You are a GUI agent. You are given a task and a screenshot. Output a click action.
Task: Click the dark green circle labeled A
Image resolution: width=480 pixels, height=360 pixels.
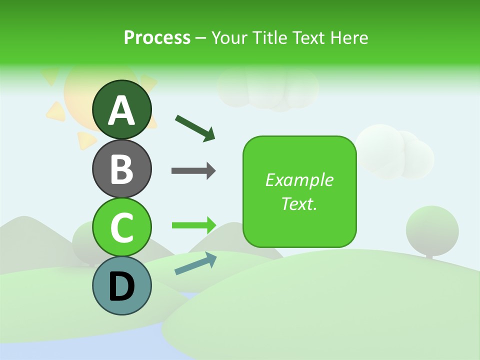[x=122, y=109]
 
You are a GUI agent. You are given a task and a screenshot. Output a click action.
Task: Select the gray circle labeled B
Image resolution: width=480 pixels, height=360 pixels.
[x=122, y=168]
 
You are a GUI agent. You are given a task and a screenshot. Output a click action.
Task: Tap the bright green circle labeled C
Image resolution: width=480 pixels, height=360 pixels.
[x=122, y=227]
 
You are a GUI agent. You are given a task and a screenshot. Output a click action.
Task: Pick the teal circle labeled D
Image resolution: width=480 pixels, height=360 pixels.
[x=122, y=286]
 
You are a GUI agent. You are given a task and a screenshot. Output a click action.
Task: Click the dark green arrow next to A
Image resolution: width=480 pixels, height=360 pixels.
[x=195, y=128]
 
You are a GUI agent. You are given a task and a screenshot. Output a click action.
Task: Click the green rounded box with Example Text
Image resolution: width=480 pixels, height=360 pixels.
[x=299, y=191]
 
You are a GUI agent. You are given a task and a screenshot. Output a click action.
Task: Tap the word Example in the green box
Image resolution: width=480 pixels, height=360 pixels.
[x=299, y=180]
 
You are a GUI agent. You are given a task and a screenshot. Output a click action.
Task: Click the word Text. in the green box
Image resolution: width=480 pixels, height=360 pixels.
[x=299, y=204]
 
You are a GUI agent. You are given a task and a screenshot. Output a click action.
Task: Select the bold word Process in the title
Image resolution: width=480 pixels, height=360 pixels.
[x=157, y=37]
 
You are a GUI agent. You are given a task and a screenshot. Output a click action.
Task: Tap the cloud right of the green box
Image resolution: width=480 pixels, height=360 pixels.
[x=395, y=152]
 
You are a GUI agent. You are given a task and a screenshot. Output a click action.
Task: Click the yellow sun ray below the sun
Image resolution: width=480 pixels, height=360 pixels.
[x=85, y=140]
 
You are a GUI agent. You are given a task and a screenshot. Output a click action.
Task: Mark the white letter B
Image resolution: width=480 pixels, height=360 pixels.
[x=122, y=169]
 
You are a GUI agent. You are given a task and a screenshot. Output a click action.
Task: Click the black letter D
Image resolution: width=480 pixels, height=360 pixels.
[x=122, y=286]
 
